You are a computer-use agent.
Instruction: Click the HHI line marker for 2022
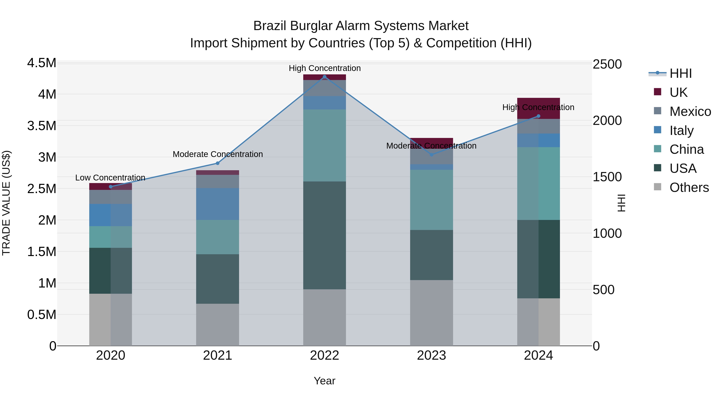tap(324, 77)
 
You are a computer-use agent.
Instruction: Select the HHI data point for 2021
tap(217, 163)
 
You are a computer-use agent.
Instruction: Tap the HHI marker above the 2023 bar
tap(432, 155)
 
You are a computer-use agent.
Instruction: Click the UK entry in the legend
tap(678, 92)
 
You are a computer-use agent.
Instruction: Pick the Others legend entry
tap(689, 187)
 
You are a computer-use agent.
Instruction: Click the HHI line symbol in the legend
tap(657, 73)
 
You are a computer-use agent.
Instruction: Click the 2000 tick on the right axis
tap(607, 120)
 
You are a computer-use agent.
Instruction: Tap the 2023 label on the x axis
tap(431, 355)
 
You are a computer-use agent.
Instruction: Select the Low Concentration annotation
tap(110, 178)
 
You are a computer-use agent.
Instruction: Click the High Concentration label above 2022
tap(324, 68)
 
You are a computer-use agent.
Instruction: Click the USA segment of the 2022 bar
tap(324, 235)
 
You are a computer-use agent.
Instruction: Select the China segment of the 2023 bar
tap(431, 200)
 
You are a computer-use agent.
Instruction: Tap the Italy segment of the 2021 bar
tap(217, 204)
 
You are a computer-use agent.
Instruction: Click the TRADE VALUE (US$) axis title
tap(6, 203)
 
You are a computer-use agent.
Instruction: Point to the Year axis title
tap(324, 381)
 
